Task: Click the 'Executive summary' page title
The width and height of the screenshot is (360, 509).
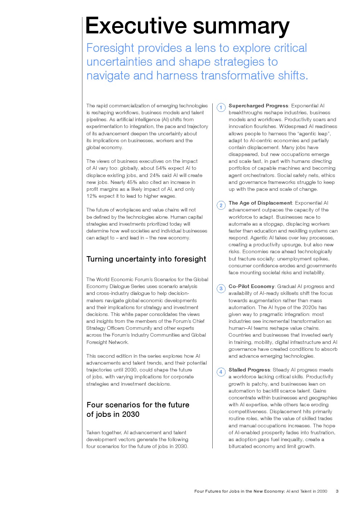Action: pyautogui.click(x=187, y=26)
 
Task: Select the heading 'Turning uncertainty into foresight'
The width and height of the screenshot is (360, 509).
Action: pyautogui.click(x=146, y=259)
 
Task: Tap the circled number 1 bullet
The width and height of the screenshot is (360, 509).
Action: pyautogui.click(x=221, y=108)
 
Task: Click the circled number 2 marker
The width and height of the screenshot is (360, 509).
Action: pyautogui.click(x=221, y=205)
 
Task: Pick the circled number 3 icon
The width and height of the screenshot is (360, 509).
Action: pyautogui.click(x=221, y=289)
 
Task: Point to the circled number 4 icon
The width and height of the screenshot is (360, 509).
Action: pyautogui.click(x=221, y=372)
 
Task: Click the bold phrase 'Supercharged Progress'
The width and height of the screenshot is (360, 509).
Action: pyautogui.click(x=258, y=106)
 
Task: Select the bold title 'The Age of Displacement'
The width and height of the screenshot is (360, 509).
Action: pyautogui.click(x=260, y=203)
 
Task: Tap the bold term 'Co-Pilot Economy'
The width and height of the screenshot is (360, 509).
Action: pyautogui.click(x=251, y=286)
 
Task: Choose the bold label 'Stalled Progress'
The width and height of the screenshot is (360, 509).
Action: pyautogui.click(x=249, y=370)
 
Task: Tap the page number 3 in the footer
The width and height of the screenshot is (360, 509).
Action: pyautogui.click(x=337, y=491)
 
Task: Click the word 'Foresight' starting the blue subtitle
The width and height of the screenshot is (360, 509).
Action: pyautogui.click(x=110, y=48)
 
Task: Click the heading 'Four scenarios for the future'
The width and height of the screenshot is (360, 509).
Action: pyautogui.click(x=138, y=405)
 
